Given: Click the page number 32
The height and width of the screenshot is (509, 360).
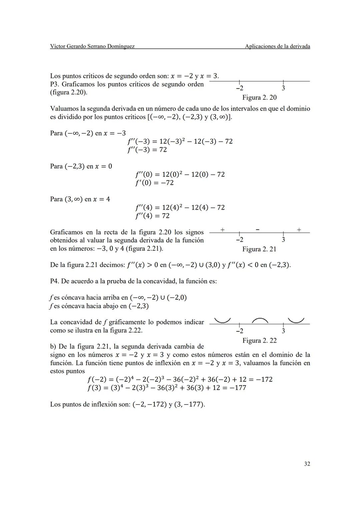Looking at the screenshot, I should click(307, 464).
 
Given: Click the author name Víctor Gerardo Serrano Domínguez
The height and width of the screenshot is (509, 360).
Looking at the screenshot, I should click(92, 46).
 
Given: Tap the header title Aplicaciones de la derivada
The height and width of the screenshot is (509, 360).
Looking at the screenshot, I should click(277, 46).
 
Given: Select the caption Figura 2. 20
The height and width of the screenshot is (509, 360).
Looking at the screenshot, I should click(259, 97).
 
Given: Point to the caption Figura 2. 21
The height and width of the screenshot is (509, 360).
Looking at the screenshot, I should click(259, 249).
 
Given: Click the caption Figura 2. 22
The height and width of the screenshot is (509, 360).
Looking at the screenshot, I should click(259, 340).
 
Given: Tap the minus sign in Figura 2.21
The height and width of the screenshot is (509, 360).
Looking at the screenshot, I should click(258, 230).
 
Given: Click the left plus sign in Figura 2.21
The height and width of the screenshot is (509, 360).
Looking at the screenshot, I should click(222, 230).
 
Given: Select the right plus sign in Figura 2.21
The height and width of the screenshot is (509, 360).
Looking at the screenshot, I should click(299, 230).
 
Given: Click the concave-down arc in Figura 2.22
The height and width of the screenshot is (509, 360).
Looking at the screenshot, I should click(260, 321).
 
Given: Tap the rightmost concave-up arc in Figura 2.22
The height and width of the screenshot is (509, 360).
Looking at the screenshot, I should click(296, 321).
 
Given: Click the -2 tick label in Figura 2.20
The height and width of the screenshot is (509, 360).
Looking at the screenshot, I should click(239, 88).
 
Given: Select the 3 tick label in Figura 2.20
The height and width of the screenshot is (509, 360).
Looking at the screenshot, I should click(283, 88).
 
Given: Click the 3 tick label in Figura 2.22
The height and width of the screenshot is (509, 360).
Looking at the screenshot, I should click(283, 331).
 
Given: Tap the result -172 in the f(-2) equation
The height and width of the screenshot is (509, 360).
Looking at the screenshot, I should click(264, 379).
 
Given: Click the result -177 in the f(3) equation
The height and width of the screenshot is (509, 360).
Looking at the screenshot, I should click(238, 388).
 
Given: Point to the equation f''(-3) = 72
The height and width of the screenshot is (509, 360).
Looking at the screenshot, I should click(147, 150).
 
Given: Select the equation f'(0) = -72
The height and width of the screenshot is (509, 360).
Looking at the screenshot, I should click(154, 183).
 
